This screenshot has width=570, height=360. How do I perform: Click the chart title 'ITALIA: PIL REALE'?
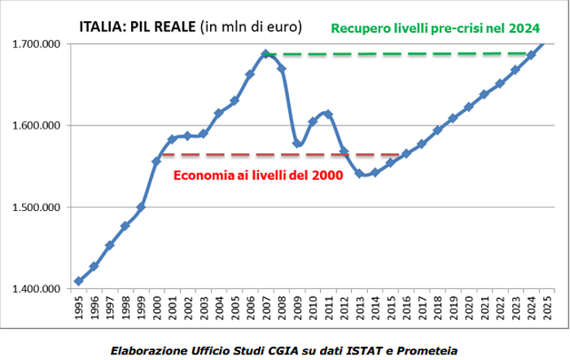(137, 27)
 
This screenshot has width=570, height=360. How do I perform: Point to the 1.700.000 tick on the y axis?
(37, 44)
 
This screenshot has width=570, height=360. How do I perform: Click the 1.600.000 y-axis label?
(37, 125)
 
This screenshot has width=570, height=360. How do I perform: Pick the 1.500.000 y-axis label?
(37, 207)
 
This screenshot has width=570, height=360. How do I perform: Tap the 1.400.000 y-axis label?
(37, 288)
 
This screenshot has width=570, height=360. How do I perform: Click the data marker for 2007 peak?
(265, 55)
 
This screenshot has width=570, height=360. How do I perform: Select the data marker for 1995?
(78, 281)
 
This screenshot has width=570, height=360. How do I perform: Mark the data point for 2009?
(297, 143)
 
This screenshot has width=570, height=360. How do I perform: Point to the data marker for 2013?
(359, 173)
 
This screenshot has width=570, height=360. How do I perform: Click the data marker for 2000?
(156, 161)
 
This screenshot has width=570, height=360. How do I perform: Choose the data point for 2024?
(531, 55)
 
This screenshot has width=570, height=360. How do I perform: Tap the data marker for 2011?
(328, 114)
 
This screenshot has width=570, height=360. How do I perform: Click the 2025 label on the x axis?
(547, 310)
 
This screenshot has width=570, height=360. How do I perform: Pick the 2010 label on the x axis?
(313, 310)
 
